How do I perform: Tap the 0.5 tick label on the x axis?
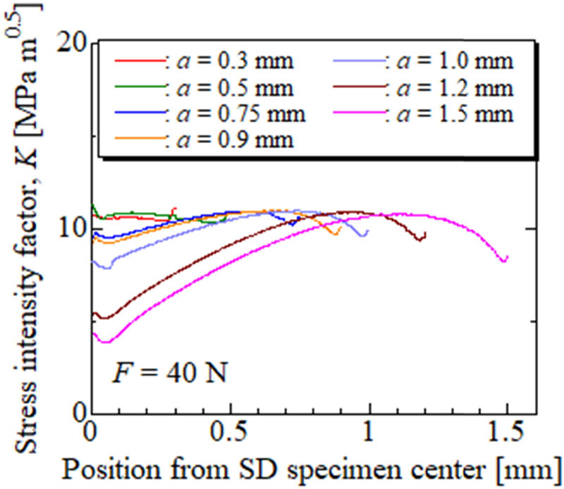(x=229, y=431)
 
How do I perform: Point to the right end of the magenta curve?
(x=507, y=258)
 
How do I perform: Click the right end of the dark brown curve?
(x=424, y=235)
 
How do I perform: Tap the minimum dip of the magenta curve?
(x=106, y=342)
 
